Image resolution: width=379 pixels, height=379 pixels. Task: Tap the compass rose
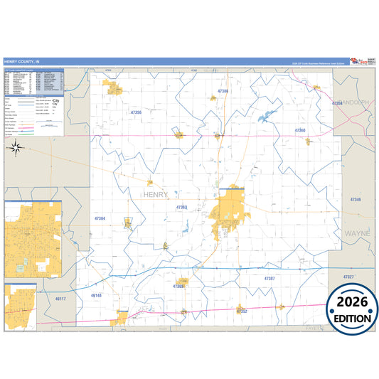14,148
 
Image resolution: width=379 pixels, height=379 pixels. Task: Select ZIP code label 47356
137,112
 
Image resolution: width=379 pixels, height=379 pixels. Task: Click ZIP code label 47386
223,91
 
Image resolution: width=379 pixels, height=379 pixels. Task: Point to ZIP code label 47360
300,131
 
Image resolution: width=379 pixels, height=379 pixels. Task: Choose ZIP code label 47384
99,218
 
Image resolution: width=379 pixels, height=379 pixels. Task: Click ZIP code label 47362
181,207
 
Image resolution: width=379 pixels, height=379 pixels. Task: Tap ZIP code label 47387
269,278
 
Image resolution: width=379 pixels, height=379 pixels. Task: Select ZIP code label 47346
356,200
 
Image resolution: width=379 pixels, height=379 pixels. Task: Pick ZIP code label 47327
348,276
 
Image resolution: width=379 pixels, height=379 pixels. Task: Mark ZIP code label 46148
97,295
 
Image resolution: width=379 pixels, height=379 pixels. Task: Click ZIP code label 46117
61,299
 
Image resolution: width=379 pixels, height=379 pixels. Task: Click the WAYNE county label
357,233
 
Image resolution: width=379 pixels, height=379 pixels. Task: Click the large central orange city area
229,208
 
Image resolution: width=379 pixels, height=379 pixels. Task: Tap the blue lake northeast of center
266,116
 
